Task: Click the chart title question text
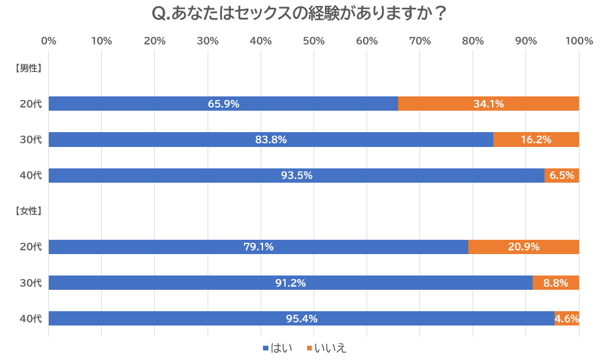300,14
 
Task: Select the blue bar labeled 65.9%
223,104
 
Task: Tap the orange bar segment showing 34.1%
489,104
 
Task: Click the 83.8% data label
271,140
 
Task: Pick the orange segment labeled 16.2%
536,140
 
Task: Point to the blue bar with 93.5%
296,176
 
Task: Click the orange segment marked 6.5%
562,176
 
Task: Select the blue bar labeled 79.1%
258,247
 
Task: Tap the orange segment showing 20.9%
524,247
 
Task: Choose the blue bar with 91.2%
290,283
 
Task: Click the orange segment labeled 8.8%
556,283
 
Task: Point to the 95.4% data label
302,319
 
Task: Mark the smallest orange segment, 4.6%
566,319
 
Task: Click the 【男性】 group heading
27,68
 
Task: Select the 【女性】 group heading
27,211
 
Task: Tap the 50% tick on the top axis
314,41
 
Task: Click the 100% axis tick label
579,41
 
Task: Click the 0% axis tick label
49,41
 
